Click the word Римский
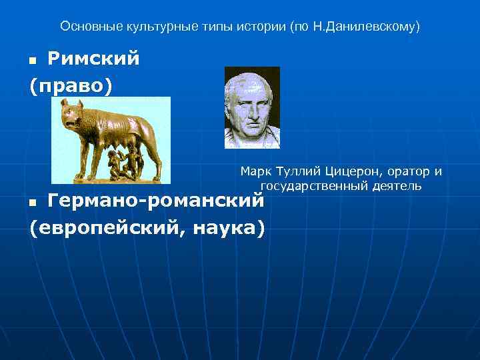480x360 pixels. pos(93,59)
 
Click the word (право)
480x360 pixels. pos(71,87)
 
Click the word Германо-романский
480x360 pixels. pos(156,199)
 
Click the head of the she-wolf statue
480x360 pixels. pos(71,114)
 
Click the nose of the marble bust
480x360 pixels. pos(253,107)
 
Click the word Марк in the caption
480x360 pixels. pos(254,172)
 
